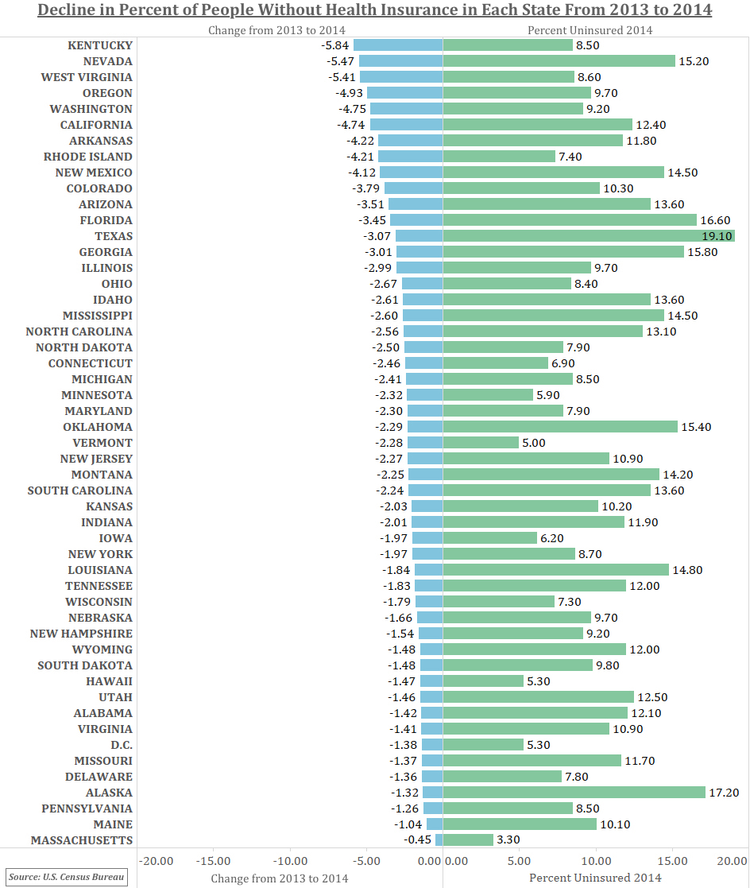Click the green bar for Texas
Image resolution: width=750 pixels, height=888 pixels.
[588, 236]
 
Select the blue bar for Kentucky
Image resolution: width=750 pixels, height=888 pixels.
[398, 45]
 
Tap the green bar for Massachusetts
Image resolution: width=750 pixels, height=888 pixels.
[468, 840]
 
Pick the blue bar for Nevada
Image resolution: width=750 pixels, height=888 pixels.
[400, 61]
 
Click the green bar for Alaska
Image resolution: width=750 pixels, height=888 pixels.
[574, 793]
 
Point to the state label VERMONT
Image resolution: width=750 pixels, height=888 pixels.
[102, 443]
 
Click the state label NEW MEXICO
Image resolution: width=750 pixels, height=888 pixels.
[94, 173]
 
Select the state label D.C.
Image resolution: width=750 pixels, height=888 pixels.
[122, 745]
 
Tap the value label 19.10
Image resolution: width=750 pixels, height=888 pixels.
[717, 236]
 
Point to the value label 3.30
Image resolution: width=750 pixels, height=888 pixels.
[508, 840]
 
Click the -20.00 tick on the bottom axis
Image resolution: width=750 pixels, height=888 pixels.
[157, 861]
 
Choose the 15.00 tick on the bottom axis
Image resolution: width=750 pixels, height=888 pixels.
[672, 861]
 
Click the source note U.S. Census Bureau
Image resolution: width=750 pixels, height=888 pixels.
[67, 877]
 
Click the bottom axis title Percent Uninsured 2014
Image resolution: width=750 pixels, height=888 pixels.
[595, 878]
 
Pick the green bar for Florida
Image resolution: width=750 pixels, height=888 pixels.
[570, 220]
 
